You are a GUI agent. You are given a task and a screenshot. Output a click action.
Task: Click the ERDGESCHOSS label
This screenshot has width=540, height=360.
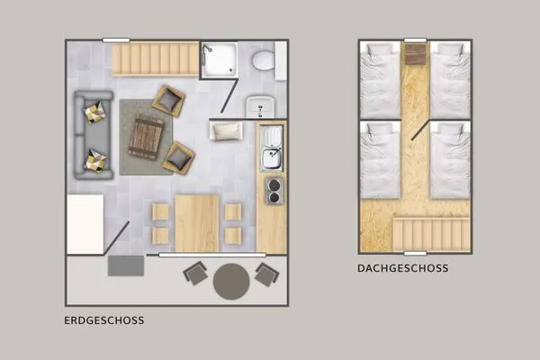coord(104,319)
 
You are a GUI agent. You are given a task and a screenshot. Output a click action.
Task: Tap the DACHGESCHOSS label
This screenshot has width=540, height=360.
coord(402,267)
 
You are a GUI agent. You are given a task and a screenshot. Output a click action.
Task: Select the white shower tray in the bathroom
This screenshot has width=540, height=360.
coord(219,59)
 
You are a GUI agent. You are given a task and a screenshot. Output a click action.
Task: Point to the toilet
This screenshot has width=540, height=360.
coord(264,61)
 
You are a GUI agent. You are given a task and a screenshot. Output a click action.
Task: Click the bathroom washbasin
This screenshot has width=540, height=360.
coord(257,105)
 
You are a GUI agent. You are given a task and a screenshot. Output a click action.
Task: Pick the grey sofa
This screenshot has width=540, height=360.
coord(90,135)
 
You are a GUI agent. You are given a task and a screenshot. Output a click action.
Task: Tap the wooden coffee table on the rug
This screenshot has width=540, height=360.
coord(147,137)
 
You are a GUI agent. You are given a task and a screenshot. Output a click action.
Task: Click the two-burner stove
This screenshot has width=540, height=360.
coord(272,191)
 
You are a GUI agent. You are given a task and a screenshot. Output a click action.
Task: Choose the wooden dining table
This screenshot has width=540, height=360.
coord(197,222)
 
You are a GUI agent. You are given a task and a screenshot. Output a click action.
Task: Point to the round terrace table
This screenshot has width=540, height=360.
coord(232,281)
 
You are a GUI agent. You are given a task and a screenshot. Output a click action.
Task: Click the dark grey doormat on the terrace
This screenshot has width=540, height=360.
coord(125,266)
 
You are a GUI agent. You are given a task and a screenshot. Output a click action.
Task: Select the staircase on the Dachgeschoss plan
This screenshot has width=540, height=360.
coord(430,233)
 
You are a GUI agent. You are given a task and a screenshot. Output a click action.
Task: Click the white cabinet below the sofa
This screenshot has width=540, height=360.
coord(85,224)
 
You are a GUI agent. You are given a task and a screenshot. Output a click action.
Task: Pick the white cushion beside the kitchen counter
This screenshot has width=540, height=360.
coord(227,131)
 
